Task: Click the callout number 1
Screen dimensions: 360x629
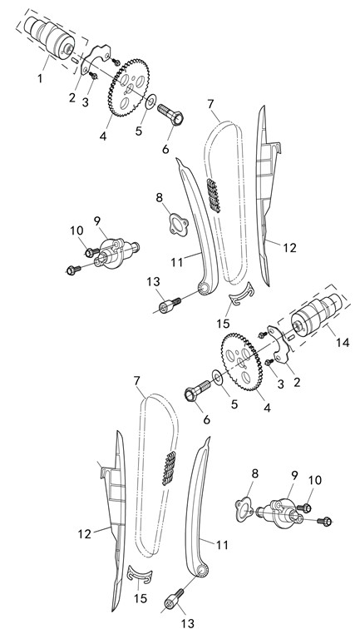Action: pos(40,78)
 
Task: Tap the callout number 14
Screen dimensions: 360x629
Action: pos(343,342)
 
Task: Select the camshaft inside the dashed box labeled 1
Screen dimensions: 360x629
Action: pos(50,38)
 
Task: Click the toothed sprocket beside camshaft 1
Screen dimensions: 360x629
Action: pos(128,88)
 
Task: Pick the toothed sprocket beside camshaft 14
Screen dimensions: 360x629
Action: pos(240,361)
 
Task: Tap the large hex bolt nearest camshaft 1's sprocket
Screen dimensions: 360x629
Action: pos(170,114)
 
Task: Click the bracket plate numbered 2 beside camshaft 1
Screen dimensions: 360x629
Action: pos(95,59)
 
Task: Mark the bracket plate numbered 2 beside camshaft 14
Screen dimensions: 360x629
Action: pos(283,344)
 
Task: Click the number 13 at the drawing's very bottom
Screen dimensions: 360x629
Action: pos(187,623)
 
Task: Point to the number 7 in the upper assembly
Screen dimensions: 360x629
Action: pos(211,104)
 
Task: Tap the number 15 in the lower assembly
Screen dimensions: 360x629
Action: pos(141,598)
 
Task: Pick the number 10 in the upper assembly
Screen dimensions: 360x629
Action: pos(76,230)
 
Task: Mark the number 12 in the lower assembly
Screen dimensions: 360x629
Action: pos(85,534)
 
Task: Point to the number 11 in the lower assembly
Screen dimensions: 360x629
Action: pos(222,545)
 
